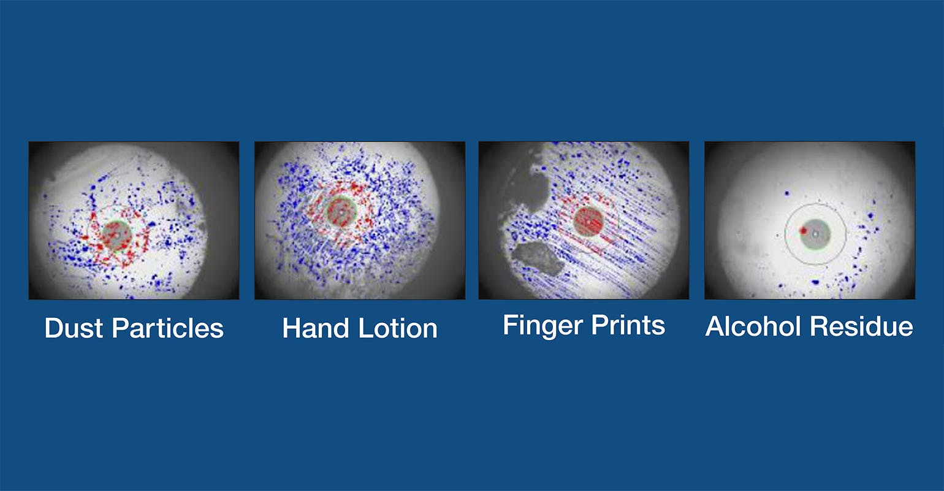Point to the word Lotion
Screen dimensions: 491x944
(x=398, y=328)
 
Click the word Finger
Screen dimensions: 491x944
(x=539, y=325)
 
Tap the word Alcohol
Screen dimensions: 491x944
(x=753, y=326)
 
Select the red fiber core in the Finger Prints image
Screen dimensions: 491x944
(x=588, y=220)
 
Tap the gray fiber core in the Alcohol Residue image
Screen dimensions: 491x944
(x=815, y=234)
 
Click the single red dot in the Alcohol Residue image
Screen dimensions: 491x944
(x=803, y=231)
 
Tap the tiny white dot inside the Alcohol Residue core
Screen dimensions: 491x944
(x=815, y=233)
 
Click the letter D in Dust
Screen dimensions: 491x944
(x=53, y=328)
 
